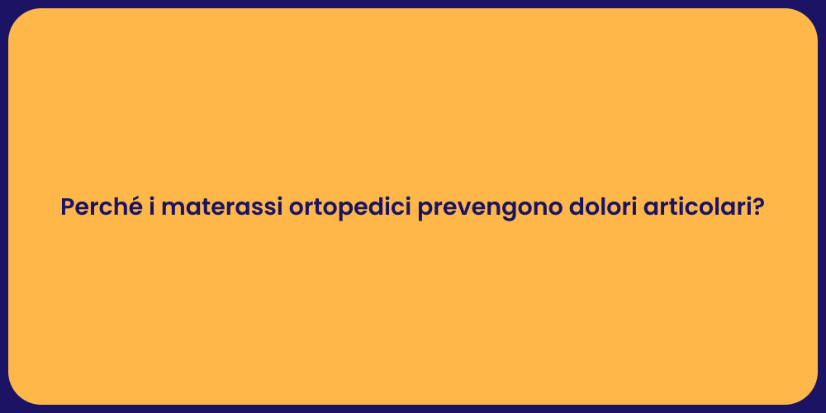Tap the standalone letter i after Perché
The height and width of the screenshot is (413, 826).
tap(152, 207)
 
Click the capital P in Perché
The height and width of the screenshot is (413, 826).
tap(68, 207)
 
